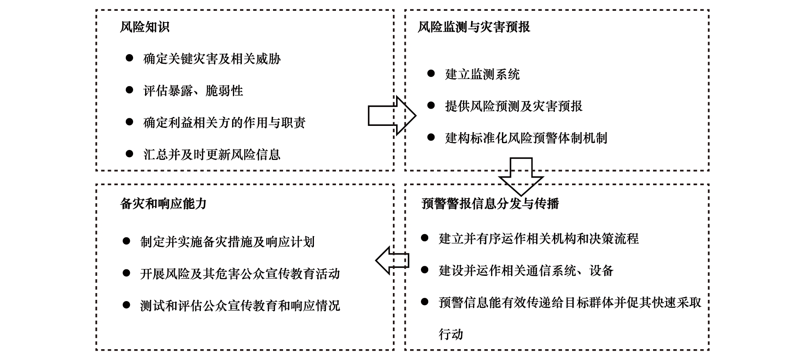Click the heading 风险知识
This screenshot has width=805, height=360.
(145, 27)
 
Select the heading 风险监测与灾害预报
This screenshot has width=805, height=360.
(474, 27)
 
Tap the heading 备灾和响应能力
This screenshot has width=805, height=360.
(163, 204)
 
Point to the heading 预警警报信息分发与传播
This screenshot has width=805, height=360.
(490, 204)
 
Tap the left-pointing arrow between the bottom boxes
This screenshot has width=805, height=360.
(392, 260)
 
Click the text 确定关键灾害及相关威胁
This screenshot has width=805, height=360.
(212, 59)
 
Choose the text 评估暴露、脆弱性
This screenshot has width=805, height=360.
(193, 91)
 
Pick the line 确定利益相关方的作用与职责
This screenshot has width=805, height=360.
(225, 123)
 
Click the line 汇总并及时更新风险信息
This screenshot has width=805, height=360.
(212, 154)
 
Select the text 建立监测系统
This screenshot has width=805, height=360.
(482, 74)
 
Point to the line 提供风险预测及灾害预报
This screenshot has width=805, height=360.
(514, 106)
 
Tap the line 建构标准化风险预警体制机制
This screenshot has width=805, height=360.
(526, 138)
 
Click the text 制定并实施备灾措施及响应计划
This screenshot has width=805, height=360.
(227, 242)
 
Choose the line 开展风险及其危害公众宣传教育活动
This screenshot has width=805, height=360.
(240, 274)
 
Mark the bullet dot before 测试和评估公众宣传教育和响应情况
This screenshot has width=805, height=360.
(126, 305)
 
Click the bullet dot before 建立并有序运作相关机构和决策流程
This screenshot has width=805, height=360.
(425, 238)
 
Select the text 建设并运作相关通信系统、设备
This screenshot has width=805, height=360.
(526, 271)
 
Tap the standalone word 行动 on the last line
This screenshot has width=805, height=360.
(451, 334)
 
